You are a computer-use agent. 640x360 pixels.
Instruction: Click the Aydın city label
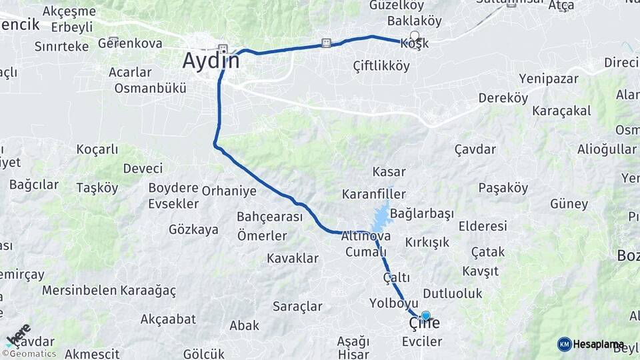(211, 61)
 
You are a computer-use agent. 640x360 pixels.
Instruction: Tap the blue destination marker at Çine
(425, 316)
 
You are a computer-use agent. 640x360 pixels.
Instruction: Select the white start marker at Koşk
(415, 37)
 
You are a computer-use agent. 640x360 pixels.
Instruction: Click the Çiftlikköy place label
(381, 65)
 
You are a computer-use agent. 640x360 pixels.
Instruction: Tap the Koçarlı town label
(97, 149)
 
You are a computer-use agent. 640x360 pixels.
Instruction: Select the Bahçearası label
(269, 217)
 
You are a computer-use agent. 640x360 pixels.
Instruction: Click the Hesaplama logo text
(598, 344)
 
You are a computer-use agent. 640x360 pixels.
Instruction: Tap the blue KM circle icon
(564, 344)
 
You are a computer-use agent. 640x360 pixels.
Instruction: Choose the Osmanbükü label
(150, 88)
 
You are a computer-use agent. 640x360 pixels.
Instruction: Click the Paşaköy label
(503, 188)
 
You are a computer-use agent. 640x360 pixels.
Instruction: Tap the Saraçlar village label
(297, 307)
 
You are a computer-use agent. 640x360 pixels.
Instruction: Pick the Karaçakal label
(561, 111)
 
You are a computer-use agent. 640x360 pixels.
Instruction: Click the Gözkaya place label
(193, 229)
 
